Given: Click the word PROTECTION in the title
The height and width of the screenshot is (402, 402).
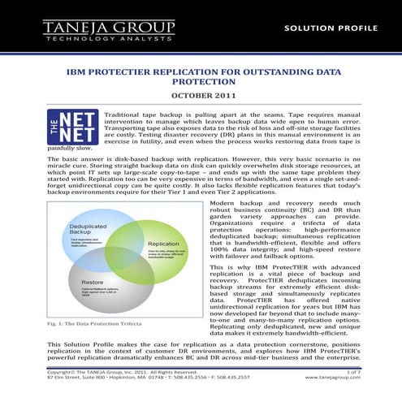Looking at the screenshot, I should coord(201,82).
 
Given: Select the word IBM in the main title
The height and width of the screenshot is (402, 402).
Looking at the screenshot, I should coord(78,71).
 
